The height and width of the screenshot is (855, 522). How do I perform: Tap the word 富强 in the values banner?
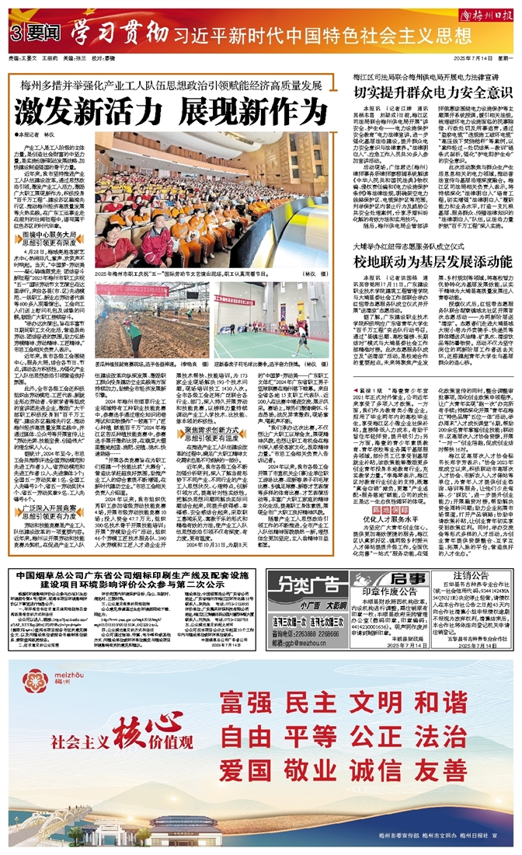click(249, 700)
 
